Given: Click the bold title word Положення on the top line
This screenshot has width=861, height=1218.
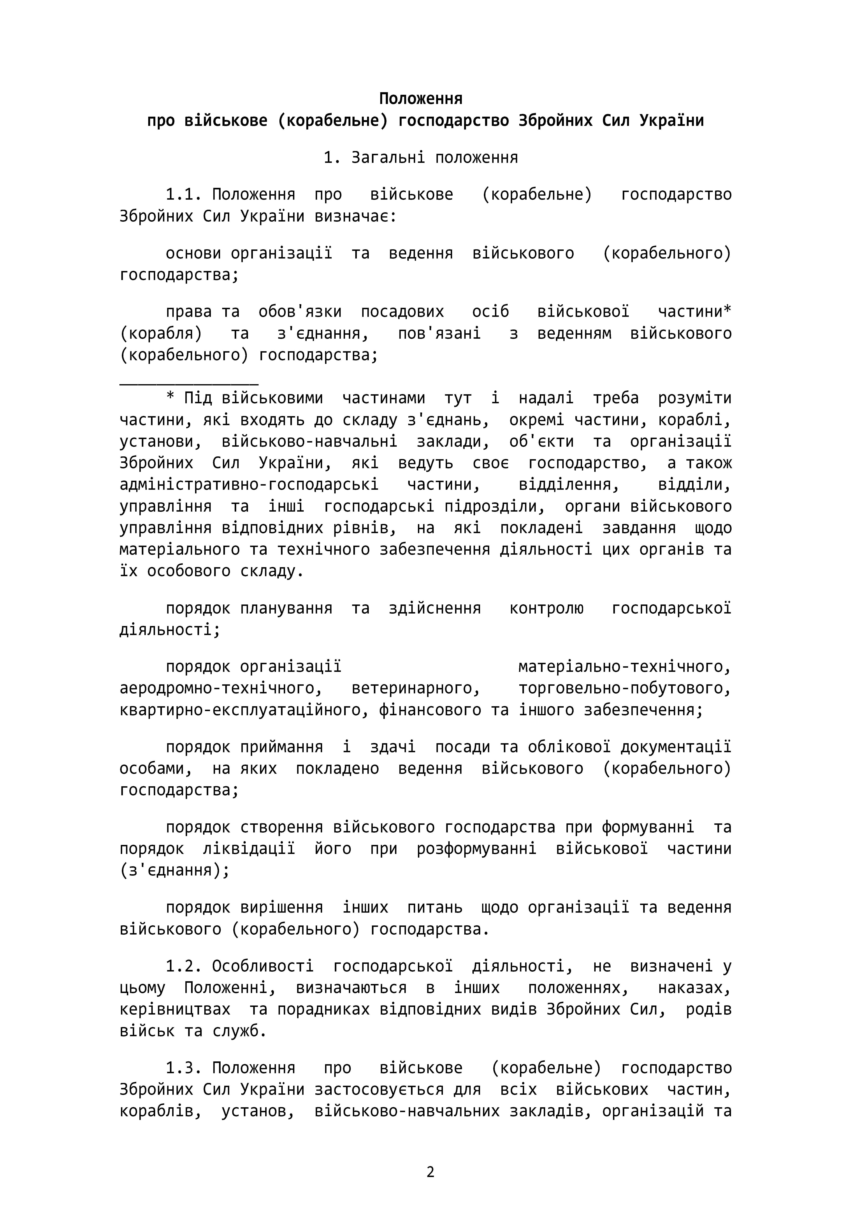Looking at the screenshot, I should (421, 99).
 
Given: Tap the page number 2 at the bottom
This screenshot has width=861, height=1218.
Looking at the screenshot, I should (430, 1172).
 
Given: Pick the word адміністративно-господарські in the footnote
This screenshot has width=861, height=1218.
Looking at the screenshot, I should (249, 484).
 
